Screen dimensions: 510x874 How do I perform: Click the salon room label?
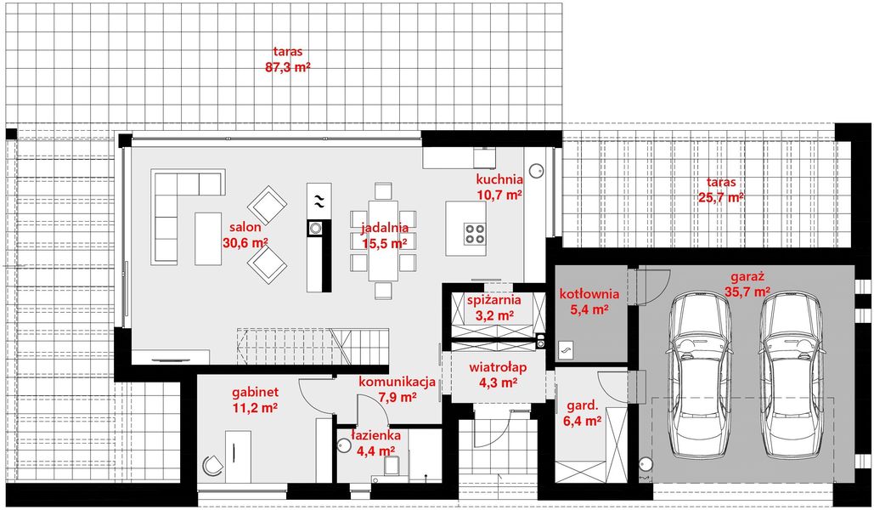click(244, 227)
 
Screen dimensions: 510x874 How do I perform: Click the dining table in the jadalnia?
click(384, 238)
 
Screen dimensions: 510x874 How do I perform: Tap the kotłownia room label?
click(589, 294)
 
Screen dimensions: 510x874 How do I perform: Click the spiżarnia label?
click(493, 299)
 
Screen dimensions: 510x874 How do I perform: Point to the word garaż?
click(748, 276)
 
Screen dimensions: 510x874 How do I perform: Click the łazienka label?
click(375, 436)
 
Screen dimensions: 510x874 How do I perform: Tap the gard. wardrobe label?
click(581, 405)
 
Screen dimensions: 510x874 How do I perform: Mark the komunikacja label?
click(397, 382)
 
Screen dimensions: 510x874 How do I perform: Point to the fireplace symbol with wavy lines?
click(318, 201)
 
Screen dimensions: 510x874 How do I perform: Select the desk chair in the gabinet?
click(212, 462)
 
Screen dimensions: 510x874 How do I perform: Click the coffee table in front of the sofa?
click(208, 237)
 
